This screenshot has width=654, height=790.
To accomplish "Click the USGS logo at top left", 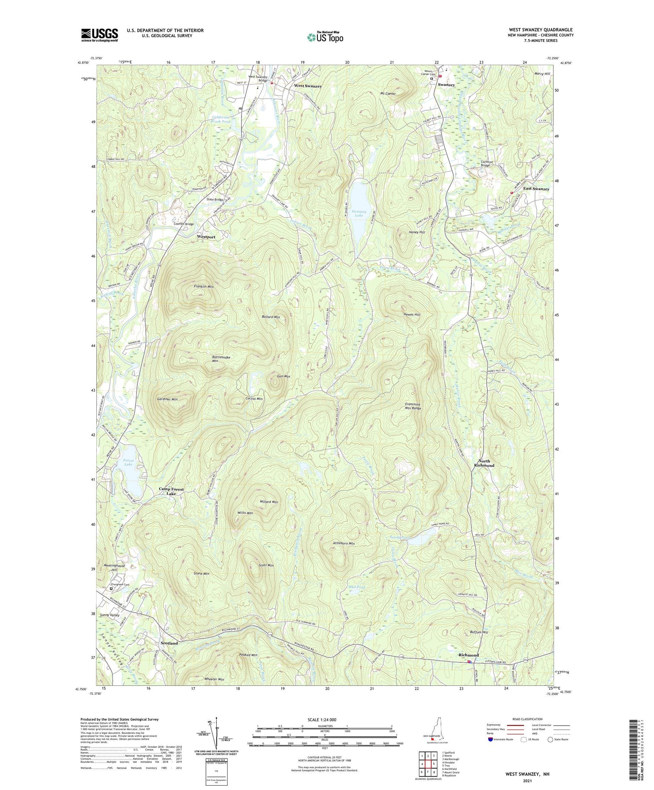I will tap(99, 35).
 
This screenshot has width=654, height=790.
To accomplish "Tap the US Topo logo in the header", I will tap(325, 37).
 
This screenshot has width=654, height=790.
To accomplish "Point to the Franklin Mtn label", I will tap(203, 287).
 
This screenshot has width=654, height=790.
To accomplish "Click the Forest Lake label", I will tap(128, 462).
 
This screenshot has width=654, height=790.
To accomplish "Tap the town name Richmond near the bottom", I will tap(468, 655).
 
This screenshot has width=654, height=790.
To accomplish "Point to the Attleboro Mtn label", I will tap(344, 543).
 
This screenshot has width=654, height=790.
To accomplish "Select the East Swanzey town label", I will tap(536, 189).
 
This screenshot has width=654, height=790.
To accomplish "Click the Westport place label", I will tap(206, 237).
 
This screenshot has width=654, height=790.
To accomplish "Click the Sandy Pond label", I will tap(399, 538).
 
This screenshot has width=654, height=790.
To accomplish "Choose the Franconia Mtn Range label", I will tap(413, 407).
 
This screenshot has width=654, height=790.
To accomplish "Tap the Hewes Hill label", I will tap(412, 315).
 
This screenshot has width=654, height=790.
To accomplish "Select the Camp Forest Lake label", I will tap(171, 491).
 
